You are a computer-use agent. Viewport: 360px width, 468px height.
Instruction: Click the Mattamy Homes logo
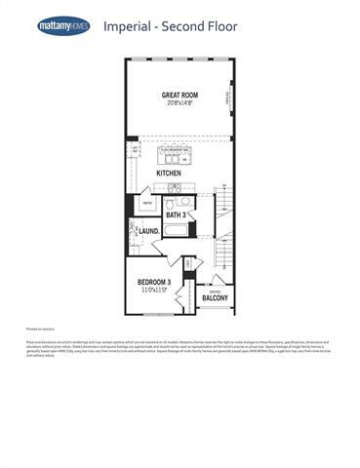(x=63, y=26)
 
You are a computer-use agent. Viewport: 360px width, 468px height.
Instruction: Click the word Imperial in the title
(x=127, y=26)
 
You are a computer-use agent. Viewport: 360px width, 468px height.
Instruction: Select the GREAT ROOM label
(x=180, y=95)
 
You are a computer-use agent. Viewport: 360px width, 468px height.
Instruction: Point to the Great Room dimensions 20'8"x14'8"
(x=180, y=103)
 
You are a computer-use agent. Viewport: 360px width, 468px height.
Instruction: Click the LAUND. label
(x=149, y=231)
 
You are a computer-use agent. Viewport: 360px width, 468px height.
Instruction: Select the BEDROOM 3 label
(x=153, y=282)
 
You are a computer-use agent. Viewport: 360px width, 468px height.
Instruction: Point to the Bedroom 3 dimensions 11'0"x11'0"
(x=153, y=291)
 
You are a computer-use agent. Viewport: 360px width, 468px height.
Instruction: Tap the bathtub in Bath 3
(x=177, y=230)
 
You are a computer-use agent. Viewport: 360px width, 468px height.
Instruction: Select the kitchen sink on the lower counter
(x=174, y=187)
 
